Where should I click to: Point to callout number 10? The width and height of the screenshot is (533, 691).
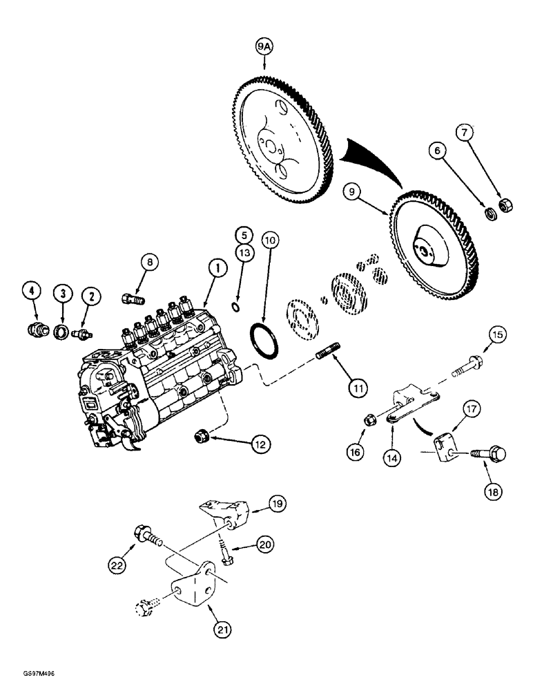270,241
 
